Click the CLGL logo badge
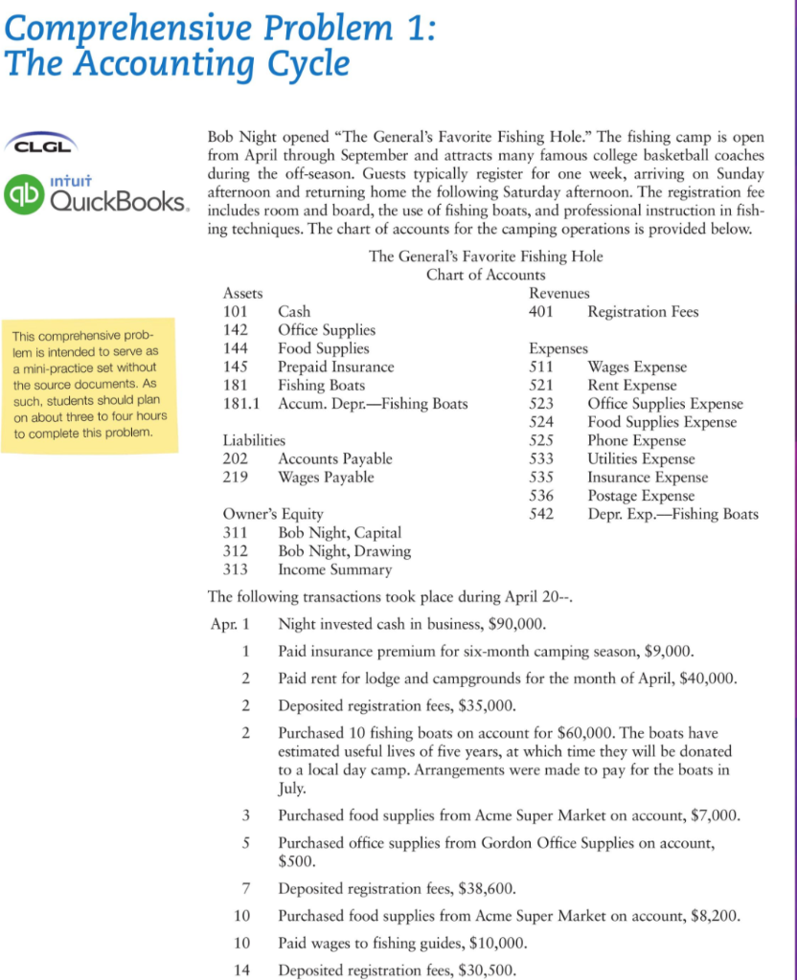(38, 144)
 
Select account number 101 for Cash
(236, 312)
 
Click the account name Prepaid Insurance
(335, 367)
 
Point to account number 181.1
(241, 403)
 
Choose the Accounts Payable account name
(334, 458)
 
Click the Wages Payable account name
(326, 477)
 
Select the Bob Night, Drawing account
(344, 551)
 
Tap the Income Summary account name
(334, 569)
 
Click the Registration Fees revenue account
(643, 312)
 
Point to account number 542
(542, 514)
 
